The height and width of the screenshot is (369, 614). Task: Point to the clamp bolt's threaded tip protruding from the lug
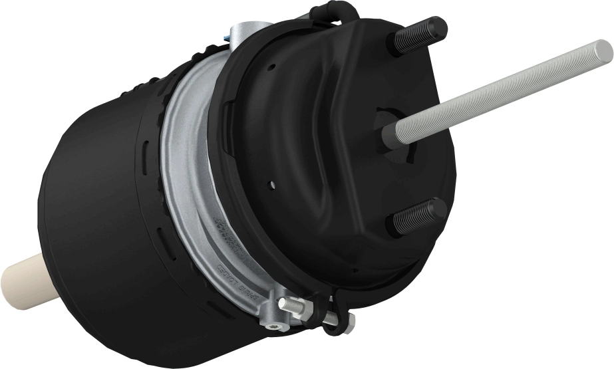(287, 305)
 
